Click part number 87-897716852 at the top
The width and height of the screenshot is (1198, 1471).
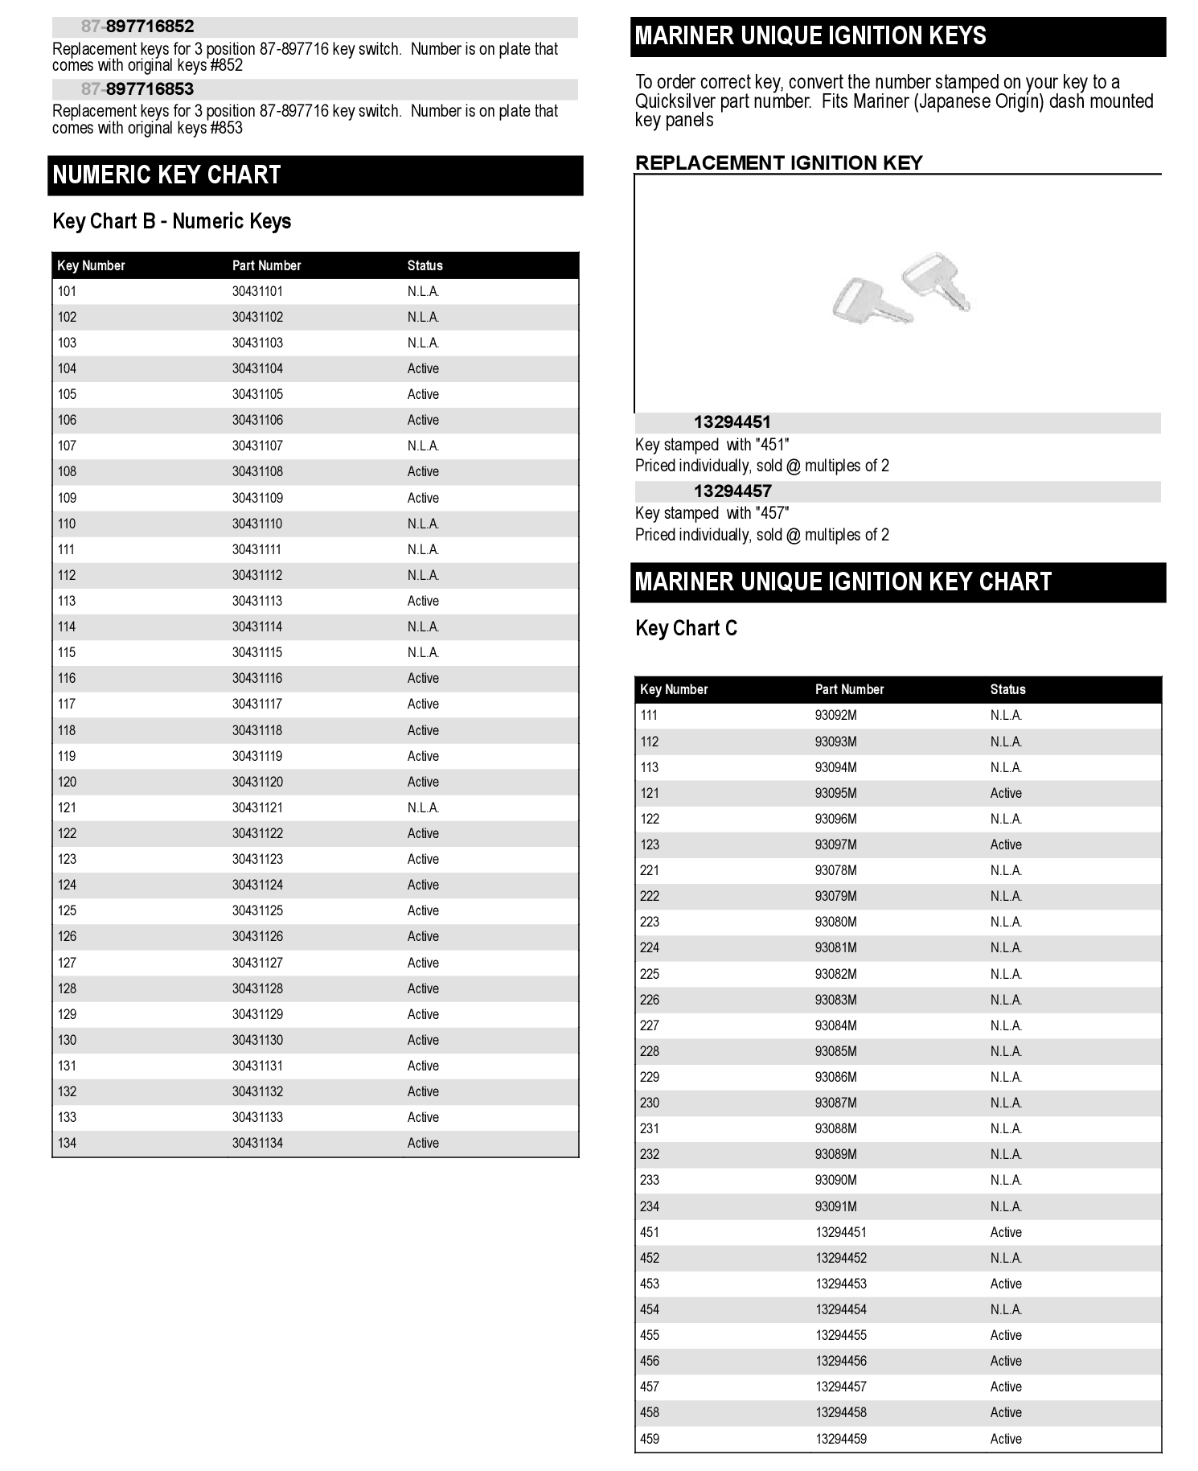137,27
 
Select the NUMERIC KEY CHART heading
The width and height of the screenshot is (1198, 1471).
166,175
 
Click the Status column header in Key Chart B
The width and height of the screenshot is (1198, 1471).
425,265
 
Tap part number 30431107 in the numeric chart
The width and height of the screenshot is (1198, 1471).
257,446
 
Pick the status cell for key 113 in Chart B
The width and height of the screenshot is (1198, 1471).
423,601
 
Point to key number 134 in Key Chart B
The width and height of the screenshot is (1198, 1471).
67,1143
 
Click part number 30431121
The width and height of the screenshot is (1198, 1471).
257,807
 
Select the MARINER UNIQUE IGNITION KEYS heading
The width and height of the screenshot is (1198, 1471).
810,36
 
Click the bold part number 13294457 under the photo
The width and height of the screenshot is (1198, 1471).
732,491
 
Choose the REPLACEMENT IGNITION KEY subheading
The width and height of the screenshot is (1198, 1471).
778,163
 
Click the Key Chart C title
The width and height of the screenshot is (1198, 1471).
686,628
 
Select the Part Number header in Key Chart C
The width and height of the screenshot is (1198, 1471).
849,689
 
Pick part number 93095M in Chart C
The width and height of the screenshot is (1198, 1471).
835,793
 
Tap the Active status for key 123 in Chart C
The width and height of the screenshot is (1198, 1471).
1006,844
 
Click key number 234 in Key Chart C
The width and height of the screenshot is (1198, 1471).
650,1206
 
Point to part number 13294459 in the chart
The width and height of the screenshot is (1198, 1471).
841,1439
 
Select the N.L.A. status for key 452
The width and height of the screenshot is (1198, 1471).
1006,1258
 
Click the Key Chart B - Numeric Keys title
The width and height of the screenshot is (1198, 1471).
171,221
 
